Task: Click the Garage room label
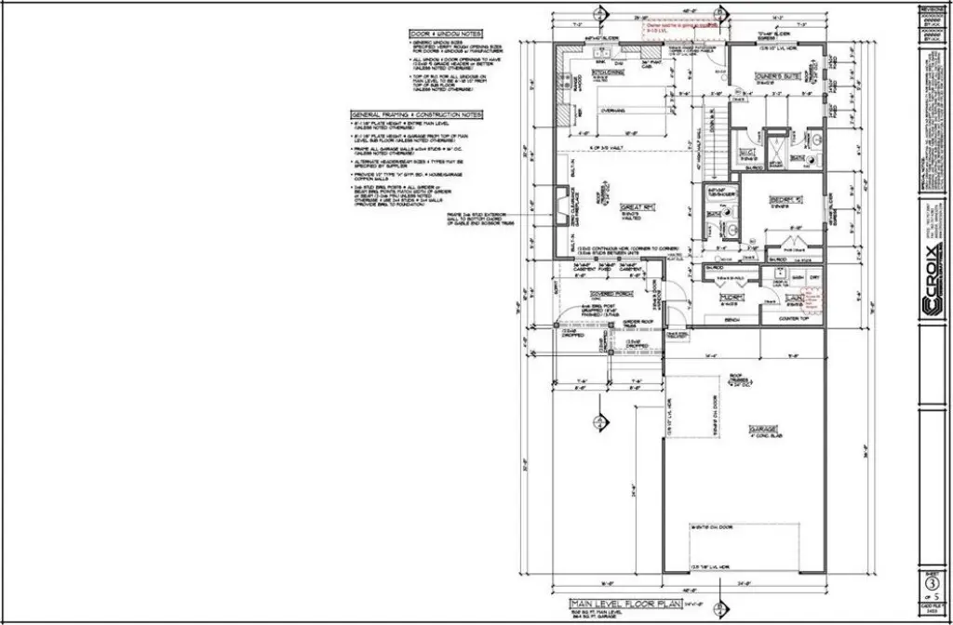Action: (764, 430)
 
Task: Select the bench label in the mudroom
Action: (731, 319)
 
